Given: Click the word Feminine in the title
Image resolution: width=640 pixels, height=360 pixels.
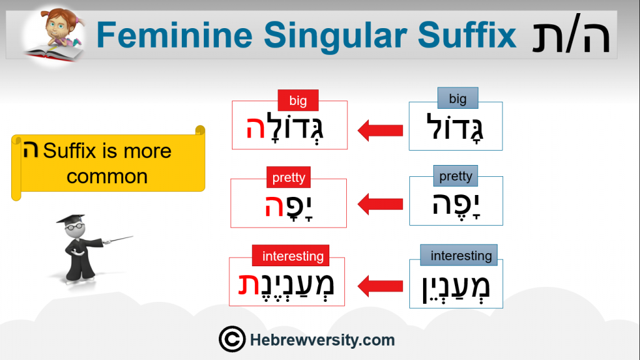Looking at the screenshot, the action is coord(175,35).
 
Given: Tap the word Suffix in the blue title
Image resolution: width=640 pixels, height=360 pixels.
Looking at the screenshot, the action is coord(467,35).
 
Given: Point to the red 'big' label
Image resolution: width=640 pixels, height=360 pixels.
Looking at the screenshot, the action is coord(298,101).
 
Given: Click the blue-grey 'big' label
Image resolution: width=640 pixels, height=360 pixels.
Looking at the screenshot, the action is coord(457,98).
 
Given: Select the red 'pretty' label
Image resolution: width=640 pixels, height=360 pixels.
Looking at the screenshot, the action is coord(289,177).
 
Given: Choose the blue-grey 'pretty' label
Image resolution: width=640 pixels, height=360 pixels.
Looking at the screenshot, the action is coord(456,176).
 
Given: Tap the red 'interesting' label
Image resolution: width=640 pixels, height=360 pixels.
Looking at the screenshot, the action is coord(291,256).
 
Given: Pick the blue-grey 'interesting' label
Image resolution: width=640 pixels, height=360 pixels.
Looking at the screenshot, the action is coord(459,255).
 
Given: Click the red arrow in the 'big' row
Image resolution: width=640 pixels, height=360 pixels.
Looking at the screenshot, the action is coord(380,131).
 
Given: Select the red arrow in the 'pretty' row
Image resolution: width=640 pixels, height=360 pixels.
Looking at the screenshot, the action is coord(380,204).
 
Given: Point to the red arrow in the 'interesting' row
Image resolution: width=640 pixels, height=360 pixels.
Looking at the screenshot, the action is coord(380,286).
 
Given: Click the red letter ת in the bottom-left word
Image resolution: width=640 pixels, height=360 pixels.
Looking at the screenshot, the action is coord(249,284).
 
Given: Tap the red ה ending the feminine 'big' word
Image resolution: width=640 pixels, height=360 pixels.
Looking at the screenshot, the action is coord(256,127).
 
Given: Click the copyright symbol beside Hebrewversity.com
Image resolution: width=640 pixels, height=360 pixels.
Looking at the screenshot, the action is coord(232,339).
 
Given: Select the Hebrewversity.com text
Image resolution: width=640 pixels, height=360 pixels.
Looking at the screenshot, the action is coord(322,340).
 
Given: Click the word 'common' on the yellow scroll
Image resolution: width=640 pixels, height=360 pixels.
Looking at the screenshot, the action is coord(107,177).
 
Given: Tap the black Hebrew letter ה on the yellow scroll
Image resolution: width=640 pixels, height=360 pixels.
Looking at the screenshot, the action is coord(31,149).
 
